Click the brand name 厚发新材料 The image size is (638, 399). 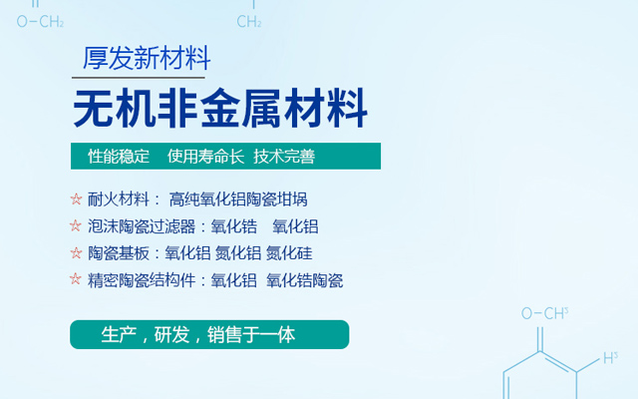(x=147, y=58)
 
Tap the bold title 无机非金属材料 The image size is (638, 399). (x=220, y=109)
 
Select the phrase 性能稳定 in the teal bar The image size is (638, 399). (x=119, y=157)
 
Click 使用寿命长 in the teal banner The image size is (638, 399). (x=205, y=157)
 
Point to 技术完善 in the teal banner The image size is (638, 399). (x=284, y=157)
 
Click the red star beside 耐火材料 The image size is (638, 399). (x=76, y=199)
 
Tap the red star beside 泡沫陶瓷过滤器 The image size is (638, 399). (x=76, y=225)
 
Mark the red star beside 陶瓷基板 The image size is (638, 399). (x=76, y=252)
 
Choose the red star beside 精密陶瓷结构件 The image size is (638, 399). (x=76, y=279)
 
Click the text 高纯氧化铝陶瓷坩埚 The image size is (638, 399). (x=238, y=199)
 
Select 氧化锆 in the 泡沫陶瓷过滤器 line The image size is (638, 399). (x=234, y=226)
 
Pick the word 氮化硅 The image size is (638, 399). (x=289, y=253)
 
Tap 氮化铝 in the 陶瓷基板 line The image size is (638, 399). (x=238, y=253)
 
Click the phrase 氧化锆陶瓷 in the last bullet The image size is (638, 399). (x=305, y=280)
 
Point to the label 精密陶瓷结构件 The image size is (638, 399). (x=142, y=280)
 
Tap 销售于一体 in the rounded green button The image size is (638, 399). (x=251, y=335)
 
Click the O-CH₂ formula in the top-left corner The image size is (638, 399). (x=40, y=21)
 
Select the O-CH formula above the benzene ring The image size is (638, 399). (x=545, y=313)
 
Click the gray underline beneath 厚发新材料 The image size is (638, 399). (x=139, y=78)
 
